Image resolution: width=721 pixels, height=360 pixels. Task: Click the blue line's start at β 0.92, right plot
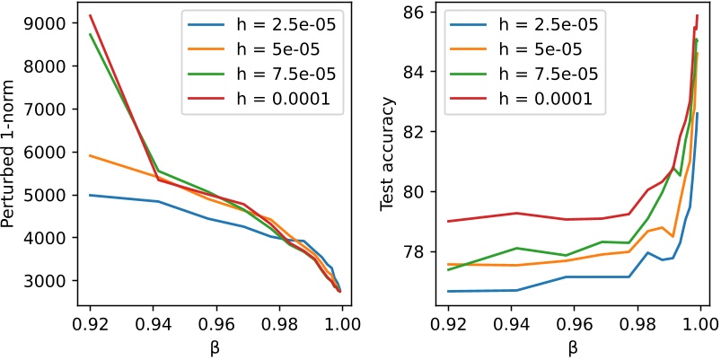tap(447, 291)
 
